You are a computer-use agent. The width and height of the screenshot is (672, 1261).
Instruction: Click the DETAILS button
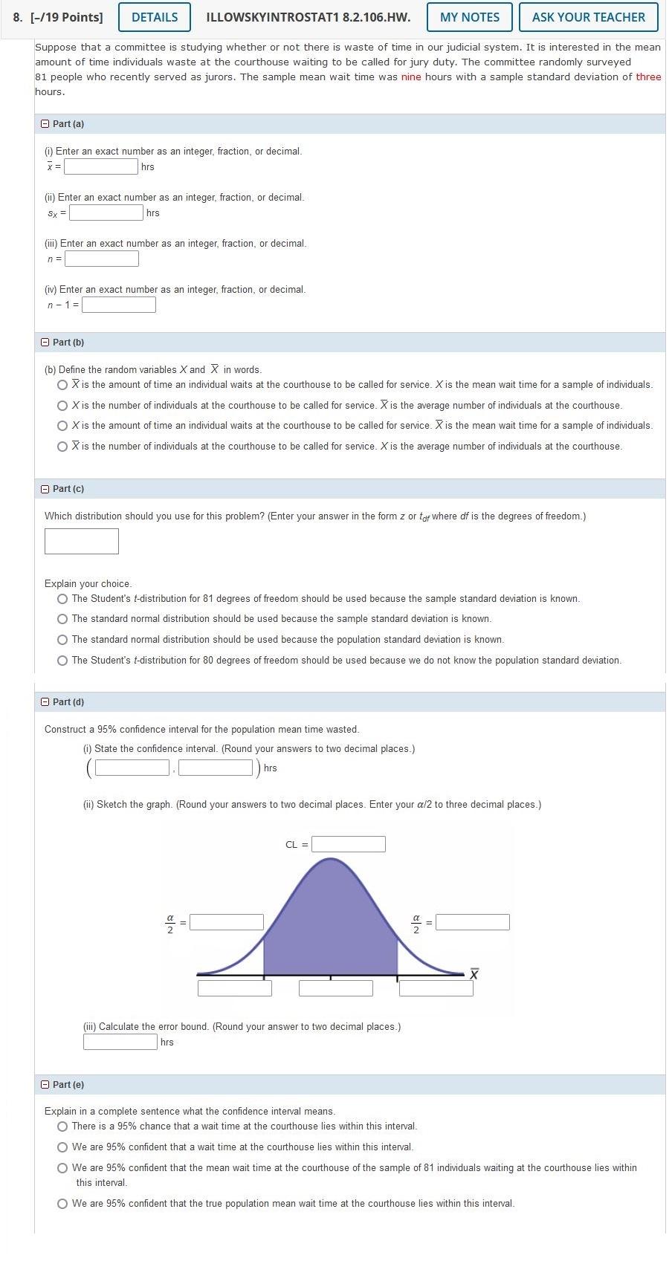coord(154,17)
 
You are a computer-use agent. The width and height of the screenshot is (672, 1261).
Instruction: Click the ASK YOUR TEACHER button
coord(588,17)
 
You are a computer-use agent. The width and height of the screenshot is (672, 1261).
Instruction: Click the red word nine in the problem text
coord(410,77)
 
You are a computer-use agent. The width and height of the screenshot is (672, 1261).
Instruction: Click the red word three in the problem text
coord(648,77)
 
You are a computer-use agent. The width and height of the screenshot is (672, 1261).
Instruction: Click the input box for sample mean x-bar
coord(101,166)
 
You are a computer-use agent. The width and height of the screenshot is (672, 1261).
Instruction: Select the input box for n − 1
coord(119,305)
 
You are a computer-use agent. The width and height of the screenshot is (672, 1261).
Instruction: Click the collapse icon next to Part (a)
coord(45,124)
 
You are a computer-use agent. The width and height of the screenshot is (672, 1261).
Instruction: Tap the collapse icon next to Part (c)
coord(45,489)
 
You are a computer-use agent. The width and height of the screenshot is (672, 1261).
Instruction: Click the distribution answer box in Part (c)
coord(82,541)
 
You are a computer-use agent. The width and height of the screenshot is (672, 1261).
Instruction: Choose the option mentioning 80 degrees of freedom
coord(62,661)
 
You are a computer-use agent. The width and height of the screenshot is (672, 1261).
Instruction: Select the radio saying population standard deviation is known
coord(62,640)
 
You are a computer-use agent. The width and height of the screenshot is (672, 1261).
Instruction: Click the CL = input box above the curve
coord(348,844)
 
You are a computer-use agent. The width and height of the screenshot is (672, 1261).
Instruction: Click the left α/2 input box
coord(227,922)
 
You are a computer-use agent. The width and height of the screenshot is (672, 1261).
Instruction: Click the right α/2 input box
coord(472,922)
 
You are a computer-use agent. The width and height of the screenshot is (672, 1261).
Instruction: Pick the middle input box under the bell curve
coord(335,988)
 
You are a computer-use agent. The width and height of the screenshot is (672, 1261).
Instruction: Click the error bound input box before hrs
coord(120,1042)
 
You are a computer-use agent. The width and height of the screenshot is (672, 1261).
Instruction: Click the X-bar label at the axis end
coord(474,973)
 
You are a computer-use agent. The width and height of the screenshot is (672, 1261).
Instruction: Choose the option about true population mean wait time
coord(62,1204)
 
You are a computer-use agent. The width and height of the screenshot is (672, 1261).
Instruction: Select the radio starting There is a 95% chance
coord(62,1127)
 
